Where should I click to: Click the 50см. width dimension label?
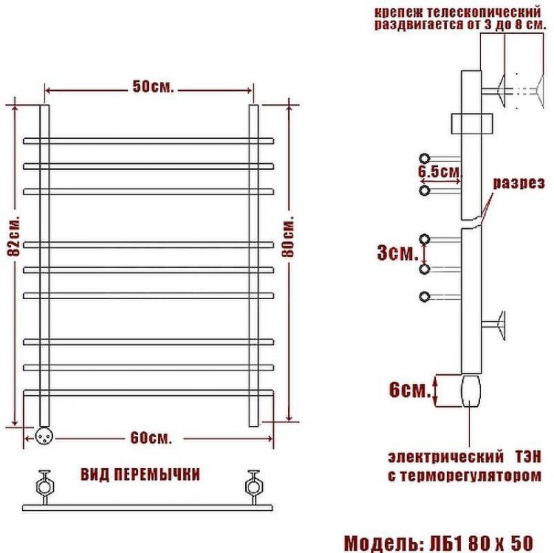153,87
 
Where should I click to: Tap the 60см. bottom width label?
151,438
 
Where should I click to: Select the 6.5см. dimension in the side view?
439,172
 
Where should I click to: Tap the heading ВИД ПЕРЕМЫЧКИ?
140,474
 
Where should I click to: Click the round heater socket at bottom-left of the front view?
41,436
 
